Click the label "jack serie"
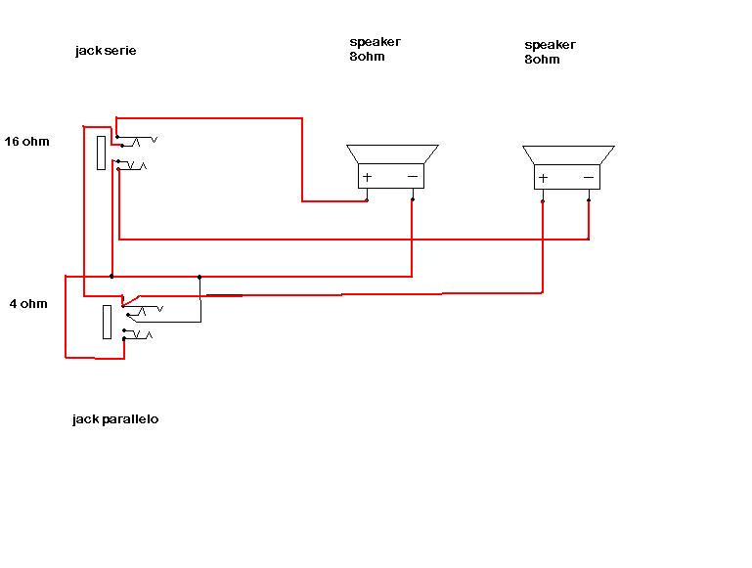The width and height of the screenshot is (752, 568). tap(105, 51)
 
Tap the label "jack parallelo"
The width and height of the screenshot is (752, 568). tap(115, 419)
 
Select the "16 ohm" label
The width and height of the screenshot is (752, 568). tap(26, 142)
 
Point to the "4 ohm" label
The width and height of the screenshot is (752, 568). tap(28, 303)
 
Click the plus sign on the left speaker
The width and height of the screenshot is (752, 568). tap(367, 177)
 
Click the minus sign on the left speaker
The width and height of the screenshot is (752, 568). tap(412, 177)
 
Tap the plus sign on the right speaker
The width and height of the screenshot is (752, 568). tap(543, 178)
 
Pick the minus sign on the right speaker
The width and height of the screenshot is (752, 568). tap(589, 178)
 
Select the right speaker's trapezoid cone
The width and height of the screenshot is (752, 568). tap(567, 154)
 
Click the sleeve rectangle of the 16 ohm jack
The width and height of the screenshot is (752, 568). tap(101, 153)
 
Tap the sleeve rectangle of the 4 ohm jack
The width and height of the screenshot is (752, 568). tap(108, 322)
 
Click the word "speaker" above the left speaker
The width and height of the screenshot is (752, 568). tap(375, 42)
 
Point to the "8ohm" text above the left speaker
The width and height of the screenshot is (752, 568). tap(367, 56)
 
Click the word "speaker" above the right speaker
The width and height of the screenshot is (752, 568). tap(551, 45)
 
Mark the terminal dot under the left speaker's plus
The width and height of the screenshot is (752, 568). tap(367, 200)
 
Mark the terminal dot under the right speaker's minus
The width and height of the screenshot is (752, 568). tap(589, 200)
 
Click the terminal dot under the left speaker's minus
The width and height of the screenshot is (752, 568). tap(412, 199)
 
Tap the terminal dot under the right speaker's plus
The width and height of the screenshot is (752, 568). tap(543, 200)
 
